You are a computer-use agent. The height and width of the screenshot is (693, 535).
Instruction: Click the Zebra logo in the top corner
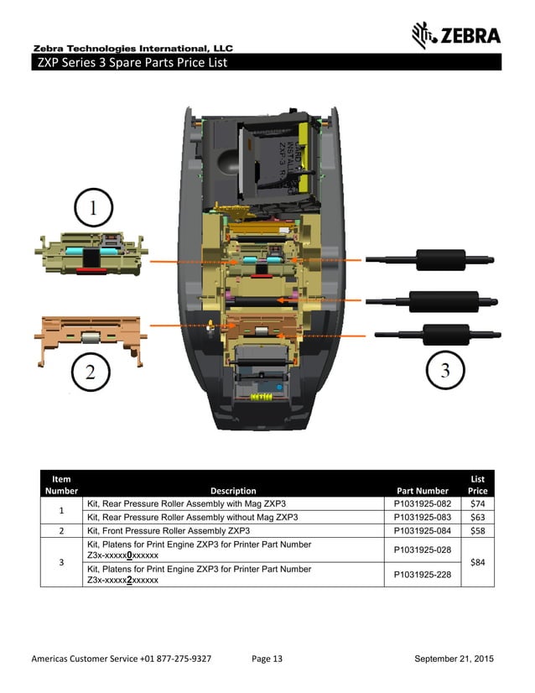(456, 34)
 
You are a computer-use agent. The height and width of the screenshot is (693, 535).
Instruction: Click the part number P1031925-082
(422, 503)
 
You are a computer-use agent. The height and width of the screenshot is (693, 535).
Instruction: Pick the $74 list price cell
(478, 503)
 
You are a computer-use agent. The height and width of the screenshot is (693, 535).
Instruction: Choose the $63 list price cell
(478, 517)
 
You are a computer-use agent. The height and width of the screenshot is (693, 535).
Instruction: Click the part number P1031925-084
(422, 531)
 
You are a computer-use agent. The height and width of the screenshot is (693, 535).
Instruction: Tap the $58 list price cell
(478, 531)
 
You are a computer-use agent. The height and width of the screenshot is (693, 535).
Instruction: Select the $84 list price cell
(478, 562)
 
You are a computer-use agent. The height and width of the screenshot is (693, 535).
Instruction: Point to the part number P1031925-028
(422, 550)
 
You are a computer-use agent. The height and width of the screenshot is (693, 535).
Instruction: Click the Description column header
(233, 491)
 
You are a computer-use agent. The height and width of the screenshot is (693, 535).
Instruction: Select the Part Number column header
(422, 491)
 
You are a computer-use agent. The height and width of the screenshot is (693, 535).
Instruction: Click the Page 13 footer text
(267, 659)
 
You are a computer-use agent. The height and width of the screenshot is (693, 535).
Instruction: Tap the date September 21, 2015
(454, 659)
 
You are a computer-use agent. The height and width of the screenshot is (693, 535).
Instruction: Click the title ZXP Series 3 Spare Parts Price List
(131, 63)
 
